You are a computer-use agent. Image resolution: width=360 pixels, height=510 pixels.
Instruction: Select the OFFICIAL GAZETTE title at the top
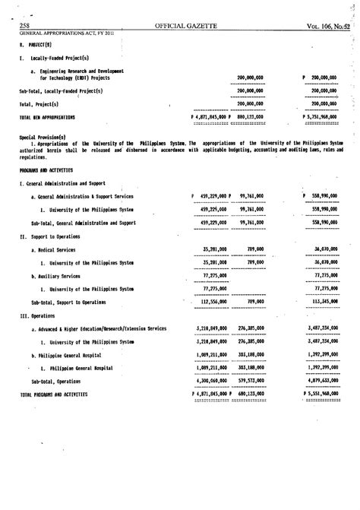pyautogui.click(x=186, y=26)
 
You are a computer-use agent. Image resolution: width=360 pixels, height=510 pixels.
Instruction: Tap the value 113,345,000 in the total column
pyautogui.click(x=326, y=301)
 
